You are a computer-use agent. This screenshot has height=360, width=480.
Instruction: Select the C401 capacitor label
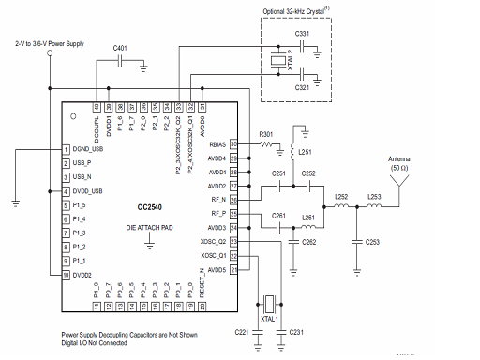(121, 46)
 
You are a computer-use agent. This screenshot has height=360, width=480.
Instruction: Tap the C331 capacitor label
(303, 33)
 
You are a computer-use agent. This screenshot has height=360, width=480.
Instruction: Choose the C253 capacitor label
(373, 242)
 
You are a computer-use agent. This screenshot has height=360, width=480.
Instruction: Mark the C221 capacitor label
(241, 333)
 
